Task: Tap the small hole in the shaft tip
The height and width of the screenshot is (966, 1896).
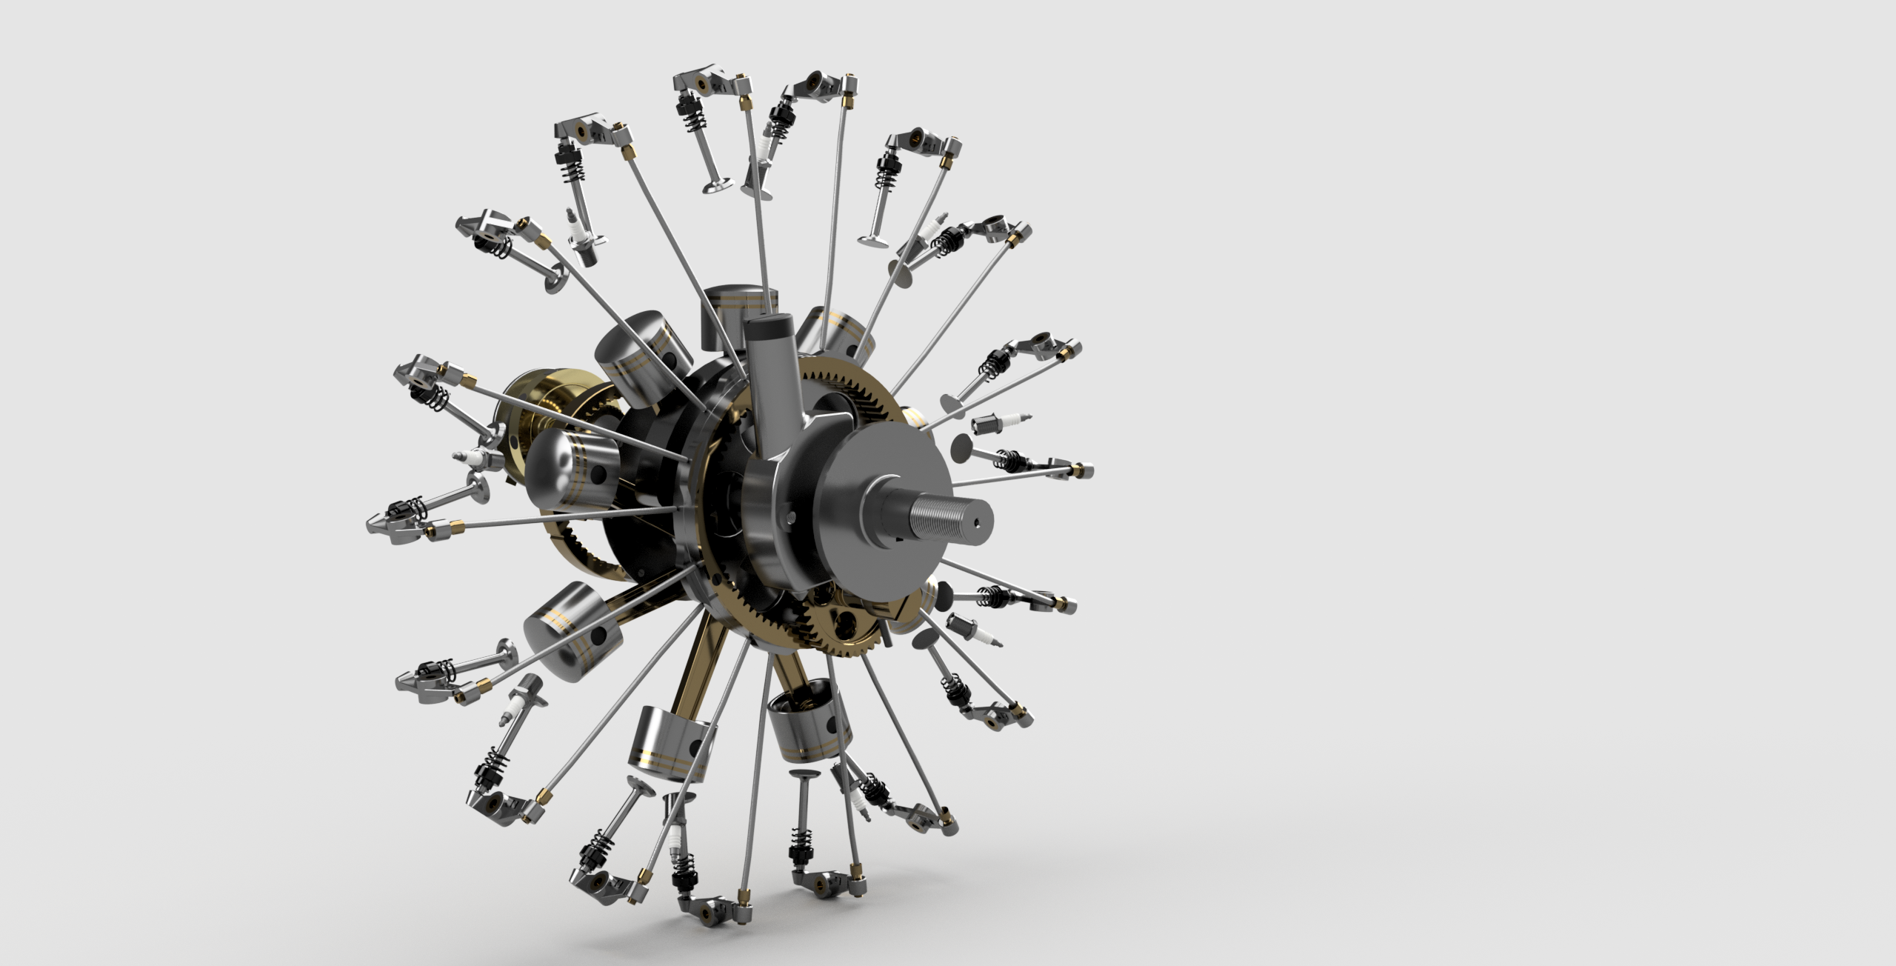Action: click(x=976, y=521)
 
